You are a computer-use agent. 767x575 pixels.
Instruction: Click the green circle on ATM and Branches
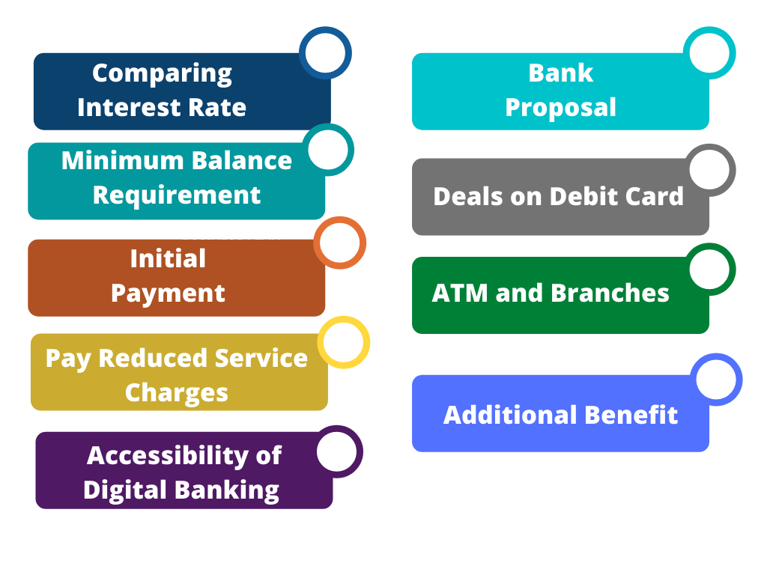(x=709, y=248)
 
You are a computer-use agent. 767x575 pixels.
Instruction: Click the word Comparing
(x=162, y=74)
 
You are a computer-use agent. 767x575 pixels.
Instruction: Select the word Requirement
(x=177, y=195)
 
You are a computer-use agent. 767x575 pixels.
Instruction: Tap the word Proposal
(x=560, y=108)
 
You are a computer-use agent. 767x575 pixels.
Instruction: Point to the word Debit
(x=580, y=196)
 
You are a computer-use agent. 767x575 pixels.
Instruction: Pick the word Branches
(x=610, y=293)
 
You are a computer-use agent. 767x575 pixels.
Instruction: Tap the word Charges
(x=177, y=392)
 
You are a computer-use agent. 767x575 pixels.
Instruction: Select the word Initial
(x=168, y=258)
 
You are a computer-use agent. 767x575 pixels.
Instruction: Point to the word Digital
(x=125, y=490)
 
